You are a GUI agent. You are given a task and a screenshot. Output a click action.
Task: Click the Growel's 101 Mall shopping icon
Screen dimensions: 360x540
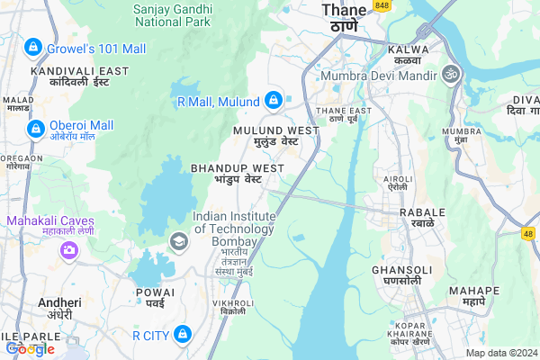click(32, 46)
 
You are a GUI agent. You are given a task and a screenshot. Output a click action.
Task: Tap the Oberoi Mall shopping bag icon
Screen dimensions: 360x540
click(35, 130)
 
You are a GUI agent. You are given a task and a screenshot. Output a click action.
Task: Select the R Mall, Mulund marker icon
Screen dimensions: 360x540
click(274, 100)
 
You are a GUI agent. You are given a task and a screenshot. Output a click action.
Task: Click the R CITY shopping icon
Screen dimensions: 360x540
click(183, 335)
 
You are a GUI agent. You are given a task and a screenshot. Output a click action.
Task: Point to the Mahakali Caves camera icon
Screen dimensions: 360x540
click(68, 249)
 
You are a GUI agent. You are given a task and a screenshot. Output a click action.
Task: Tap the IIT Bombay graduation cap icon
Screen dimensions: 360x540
click(178, 240)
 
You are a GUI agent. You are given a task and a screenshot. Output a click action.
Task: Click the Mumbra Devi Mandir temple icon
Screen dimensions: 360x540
click(450, 72)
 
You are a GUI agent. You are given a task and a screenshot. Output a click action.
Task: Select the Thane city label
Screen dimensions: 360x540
click(345, 11)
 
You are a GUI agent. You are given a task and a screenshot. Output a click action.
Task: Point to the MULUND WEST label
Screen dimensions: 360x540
click(276, 130)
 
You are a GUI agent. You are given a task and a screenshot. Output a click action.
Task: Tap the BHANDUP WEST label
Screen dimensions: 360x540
click(238, 168)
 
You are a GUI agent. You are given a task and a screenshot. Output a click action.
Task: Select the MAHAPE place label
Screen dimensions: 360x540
click(476, 291)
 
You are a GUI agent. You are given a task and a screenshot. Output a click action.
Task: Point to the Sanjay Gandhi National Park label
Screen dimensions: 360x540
click(172, 13)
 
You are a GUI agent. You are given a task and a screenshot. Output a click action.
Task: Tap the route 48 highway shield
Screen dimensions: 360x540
click(528, 233)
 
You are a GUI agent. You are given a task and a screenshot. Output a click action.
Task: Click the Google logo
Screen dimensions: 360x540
click(30, 349)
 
